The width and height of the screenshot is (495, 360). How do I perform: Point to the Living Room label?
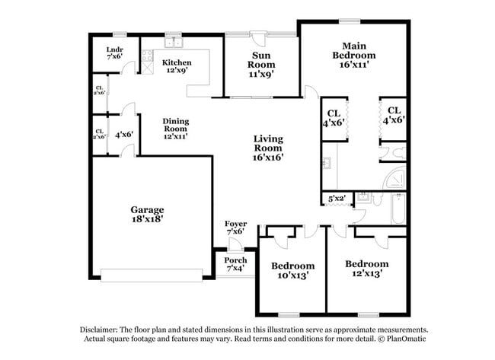tap(268, 139)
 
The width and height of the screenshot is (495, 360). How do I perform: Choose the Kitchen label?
tap(177, 62)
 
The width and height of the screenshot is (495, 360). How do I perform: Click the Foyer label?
tap(236, 224)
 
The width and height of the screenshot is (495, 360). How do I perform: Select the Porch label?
tap(236, 260)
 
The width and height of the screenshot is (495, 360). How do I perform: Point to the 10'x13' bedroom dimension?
tap(292, 276)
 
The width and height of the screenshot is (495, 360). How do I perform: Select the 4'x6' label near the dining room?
tap(124, 135)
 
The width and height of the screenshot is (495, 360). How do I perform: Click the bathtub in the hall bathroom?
tap(396, 210)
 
